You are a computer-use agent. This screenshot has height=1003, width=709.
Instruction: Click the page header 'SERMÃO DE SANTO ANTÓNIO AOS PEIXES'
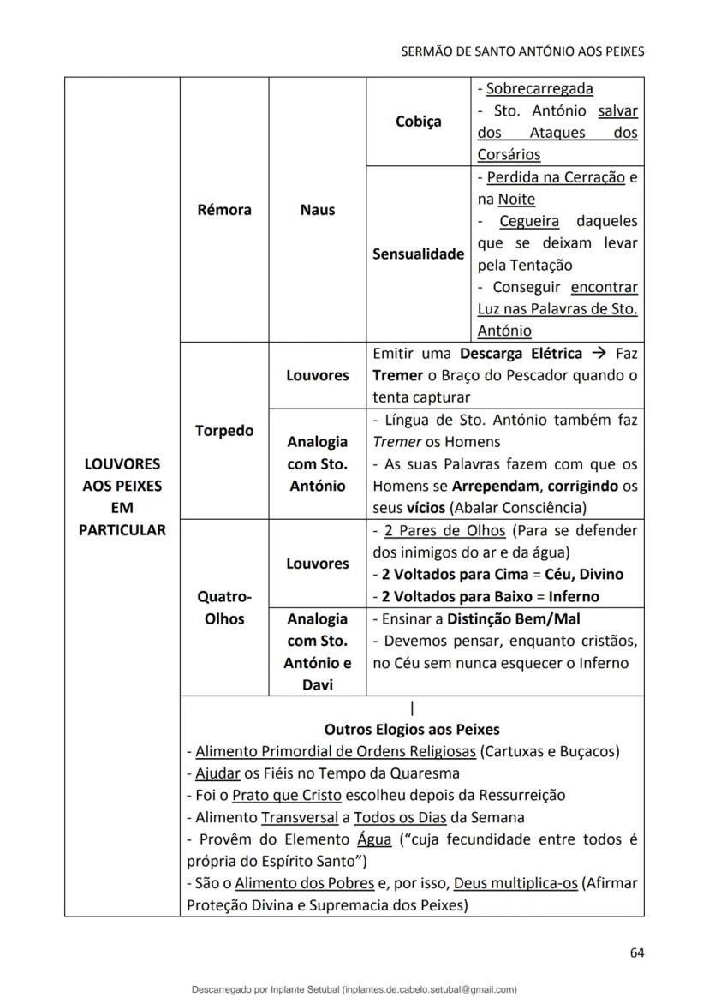coord(522,51)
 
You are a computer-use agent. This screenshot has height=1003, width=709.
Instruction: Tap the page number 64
coord(636,952)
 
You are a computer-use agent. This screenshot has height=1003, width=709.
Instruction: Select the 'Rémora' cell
coord(224,210)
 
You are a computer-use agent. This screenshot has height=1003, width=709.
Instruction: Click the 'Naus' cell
coord(317,210)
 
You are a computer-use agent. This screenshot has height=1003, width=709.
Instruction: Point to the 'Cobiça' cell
coord(419,122)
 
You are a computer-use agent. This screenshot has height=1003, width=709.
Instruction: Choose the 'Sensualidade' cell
coord(419,254)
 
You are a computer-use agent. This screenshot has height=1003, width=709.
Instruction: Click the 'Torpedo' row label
coord(224,430)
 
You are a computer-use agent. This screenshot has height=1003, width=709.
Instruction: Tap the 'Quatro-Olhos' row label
coord(224,607)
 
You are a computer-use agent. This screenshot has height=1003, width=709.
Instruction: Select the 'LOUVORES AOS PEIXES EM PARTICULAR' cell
coord(122,497)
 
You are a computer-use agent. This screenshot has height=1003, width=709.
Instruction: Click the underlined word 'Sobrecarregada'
coord(539,88)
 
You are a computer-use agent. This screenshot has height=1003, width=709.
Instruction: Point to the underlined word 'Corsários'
coord(509,155)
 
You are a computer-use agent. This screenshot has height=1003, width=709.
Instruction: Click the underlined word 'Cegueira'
coord(529,221)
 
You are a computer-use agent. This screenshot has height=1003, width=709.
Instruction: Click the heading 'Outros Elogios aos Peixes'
coord(412,730)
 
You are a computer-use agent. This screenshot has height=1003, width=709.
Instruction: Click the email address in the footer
coord(428,989)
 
